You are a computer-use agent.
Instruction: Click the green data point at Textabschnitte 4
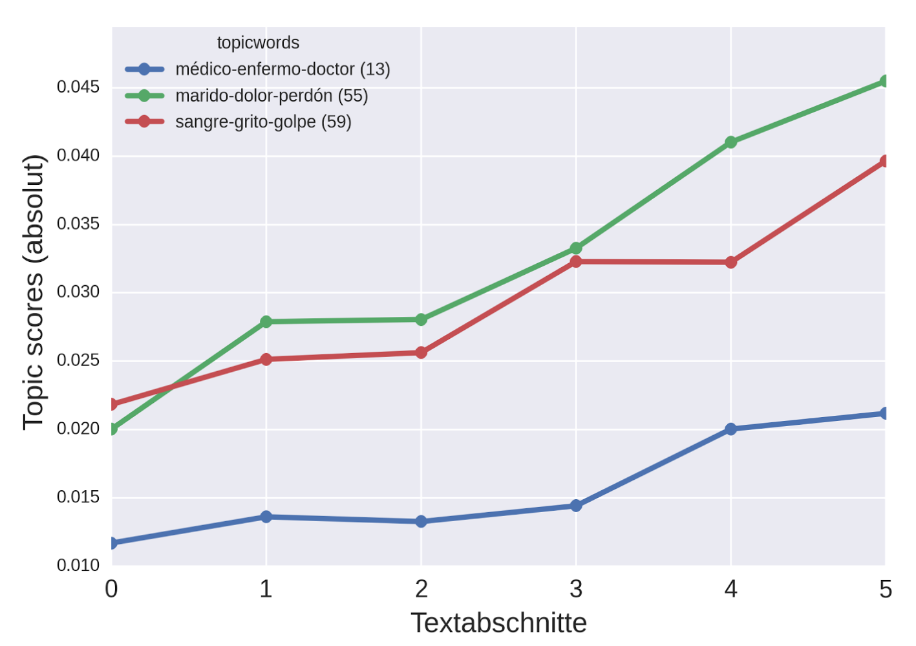pyautogui.click(x=730, y=142)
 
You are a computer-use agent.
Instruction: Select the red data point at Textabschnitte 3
pyautogui.click(x=576, y=261)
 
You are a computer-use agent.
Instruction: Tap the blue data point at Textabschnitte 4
pyautogui.click(x=730, y=429)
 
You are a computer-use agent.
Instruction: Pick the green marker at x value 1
pyautogui.click(x=266, y=321)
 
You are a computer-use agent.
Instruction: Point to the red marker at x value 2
pyautogui.click(x=421, y=352)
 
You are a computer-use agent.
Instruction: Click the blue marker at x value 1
pyautogui.click(x=266, y=517)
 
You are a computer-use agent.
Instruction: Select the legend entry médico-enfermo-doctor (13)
pyautogui.click(x=282, y=69)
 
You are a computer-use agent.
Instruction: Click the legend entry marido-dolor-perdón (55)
pyautogui.click(x=272, y=96)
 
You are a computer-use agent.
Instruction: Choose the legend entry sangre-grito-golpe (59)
pyautogui.click(x=263, y=122)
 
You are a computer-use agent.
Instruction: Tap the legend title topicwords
pyautogui.click(x=258, y=43)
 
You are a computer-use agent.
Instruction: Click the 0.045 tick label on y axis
pyautogui.click(x=78, y=87)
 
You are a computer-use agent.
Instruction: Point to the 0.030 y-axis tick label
pyautogui.click(x=78, y=292)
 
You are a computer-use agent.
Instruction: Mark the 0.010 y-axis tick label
pyautogui.click(x=78, y=566)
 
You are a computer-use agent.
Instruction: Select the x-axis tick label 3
pyautogui.click(x=576, y=589)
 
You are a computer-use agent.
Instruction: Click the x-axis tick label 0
pyautogui.click(x=111, y=589)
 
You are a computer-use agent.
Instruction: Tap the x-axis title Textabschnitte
pyautogui.click(x=498, y=623)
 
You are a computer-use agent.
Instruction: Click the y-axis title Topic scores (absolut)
pyautogui.click(x=34, y=292)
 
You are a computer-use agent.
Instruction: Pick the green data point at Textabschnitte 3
pyautogui.click(x=576, y=248)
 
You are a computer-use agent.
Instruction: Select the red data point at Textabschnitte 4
pyautogui.click(x=730, y=262)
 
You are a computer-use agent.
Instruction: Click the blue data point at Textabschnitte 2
pyautogui.click(x=421, y=521)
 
